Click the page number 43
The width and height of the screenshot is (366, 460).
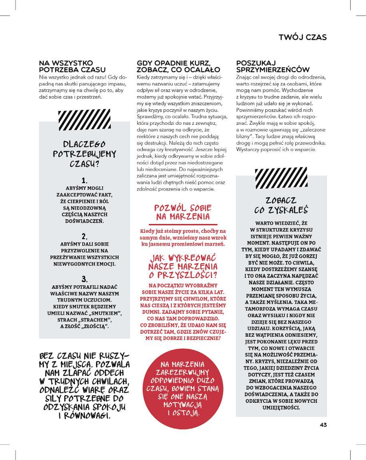click(323, 424)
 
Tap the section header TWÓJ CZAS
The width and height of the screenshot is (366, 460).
click(302, 37)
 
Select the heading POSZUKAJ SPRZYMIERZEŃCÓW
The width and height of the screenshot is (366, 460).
click(273, 66)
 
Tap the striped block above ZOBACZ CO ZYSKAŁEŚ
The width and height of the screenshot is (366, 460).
click(281, 178)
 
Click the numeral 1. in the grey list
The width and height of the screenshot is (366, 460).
click(84, 180)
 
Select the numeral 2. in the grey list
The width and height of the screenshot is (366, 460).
click(84, 236)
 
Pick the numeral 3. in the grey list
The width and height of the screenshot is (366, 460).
click(84, 279)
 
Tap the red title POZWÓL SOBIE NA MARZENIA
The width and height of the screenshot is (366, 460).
click(183, 212)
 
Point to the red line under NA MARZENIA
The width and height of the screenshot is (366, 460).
click(183, 224)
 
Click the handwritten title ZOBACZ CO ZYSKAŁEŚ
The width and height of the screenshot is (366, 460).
click(281, 205)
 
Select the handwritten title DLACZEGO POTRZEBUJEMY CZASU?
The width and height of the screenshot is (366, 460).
click(84, 154)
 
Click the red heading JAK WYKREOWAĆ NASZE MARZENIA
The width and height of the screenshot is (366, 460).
click(183, 266)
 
